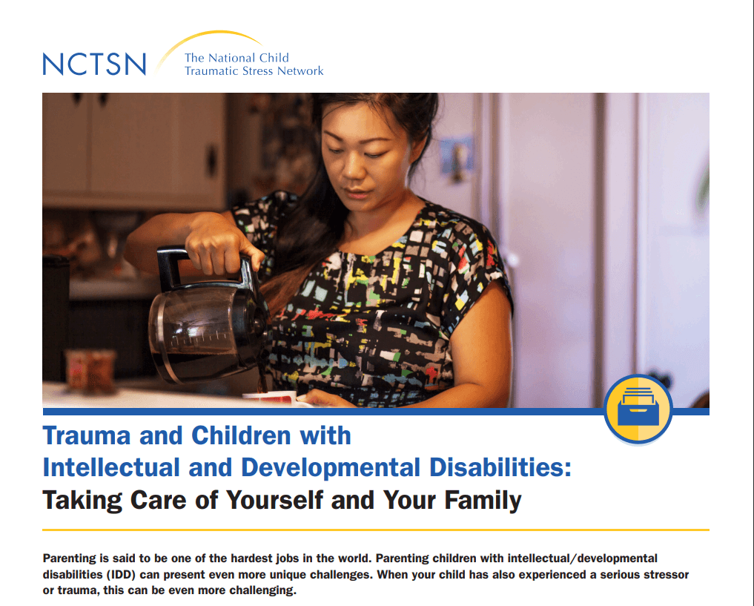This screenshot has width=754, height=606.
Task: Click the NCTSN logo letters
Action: coord(94,63)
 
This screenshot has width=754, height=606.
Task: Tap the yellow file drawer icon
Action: coord(638,409)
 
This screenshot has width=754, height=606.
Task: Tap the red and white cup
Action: coord(271,399)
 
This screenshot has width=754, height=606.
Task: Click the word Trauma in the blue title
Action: coord(87,435)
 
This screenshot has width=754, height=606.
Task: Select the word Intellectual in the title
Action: coord(111,468)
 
